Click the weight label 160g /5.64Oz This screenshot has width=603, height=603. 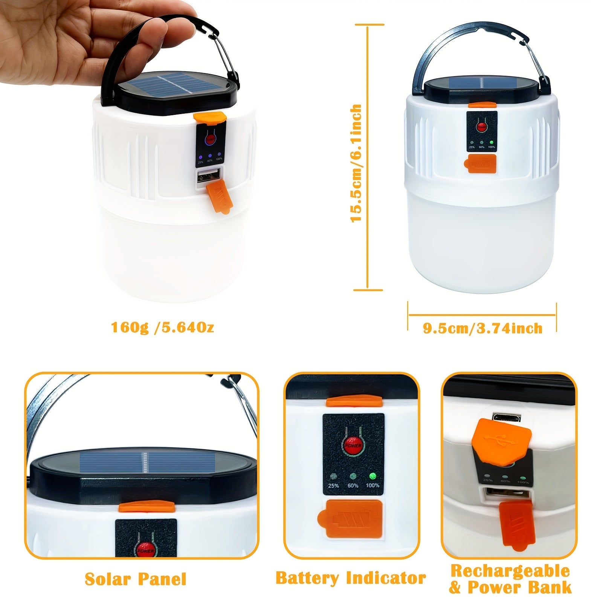pyautogui.click(x=162, y=327)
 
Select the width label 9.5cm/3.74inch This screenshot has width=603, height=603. pyautogui.click(x=482, y=328)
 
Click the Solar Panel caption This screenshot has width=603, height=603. pyautogui.click(x=135, y=579)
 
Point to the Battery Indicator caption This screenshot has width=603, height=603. pyautogui.click(x=350, y=578)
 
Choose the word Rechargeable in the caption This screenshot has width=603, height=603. pyautogui.click(x=510, y=571)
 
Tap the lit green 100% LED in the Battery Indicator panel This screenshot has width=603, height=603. pyautogui.click(x=373, y=476)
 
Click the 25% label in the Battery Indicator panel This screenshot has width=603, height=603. pyautogui.click(x=333, y=486)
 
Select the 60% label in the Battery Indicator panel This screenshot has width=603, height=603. pyautogui.click(x=353, y=486)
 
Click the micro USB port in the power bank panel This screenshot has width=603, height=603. pyautogui.click(x=507, y=418)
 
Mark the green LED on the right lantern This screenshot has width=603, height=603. pyautogui.click(x=492, y=143)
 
